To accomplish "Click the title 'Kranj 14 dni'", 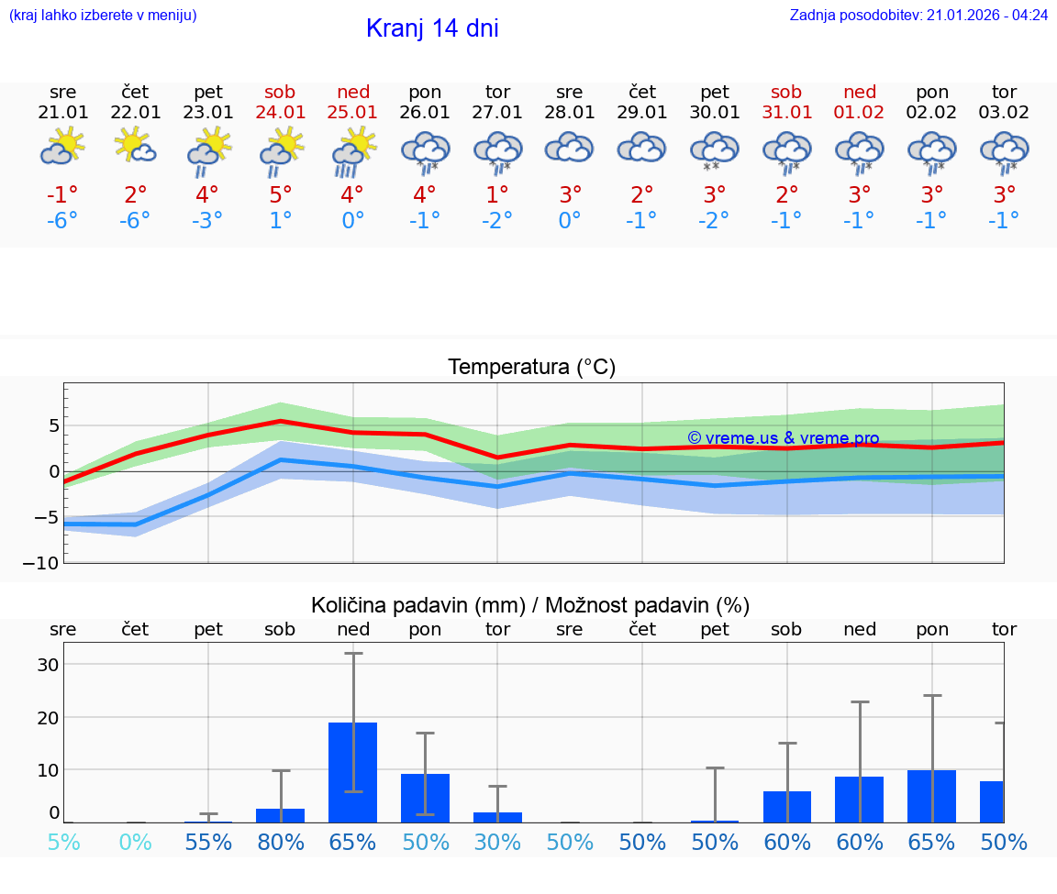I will click(x=432, y=28).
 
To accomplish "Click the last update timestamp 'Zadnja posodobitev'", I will click(x=918, y=15).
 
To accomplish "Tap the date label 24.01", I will click(x=280, y=113).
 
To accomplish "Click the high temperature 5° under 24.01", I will click(x=280, y=194).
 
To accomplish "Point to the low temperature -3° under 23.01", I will click(x=207, y=221).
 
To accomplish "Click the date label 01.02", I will click(x=860, y=113).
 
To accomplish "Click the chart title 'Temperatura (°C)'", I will click(x=531, y=368).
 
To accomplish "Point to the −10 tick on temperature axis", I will click(x=47, y=563).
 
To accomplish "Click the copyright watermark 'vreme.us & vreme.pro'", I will click(x=783, y=438).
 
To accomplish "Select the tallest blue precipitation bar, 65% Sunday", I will click(x=353, y=772).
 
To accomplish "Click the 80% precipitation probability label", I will click(x=280, y=842).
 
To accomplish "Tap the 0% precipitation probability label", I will click(x=135, y=842).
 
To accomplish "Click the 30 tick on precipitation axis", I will click(x=48, y=665).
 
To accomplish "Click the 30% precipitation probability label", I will click(x=497, y=842).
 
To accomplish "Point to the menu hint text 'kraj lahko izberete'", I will click(x=103, y=15).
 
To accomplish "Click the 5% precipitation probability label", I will click(x=62, y=842).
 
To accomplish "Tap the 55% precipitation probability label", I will click(x=207, y=842).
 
